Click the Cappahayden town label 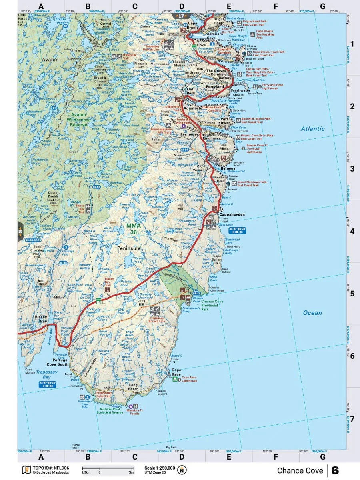(232, 215)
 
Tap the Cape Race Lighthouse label (190, 379)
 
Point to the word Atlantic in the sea (313, 129)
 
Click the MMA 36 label (134, 228)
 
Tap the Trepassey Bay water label (47, 374)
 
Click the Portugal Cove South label (58, 362)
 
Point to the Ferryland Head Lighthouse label (272, 87)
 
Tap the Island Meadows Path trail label (253, 183)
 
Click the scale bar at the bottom (108, 468)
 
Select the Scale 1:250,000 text (160, 468)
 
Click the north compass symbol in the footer (182, 470)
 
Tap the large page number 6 (335, 470)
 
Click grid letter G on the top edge (322, 6)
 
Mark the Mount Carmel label (106, 22)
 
